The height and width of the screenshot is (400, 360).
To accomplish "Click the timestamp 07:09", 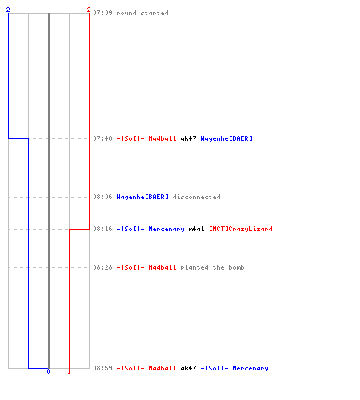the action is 102,13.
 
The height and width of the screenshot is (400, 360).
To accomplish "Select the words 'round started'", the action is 142,13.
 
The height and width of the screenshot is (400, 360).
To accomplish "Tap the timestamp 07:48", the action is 102,138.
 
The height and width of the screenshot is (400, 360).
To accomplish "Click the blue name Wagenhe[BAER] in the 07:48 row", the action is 226,138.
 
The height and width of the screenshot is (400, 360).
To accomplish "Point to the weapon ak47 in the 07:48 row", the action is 188,138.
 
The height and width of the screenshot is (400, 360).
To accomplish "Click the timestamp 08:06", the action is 102,197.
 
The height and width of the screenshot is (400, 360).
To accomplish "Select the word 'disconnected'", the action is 196,197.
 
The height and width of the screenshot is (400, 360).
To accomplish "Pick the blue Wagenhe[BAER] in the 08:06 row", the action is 142,197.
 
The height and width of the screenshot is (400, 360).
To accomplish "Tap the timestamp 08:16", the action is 102,229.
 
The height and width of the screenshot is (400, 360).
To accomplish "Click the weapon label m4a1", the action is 196,229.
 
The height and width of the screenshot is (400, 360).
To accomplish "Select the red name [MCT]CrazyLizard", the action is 241,229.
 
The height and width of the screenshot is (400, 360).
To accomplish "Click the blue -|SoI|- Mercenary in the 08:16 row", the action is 150,229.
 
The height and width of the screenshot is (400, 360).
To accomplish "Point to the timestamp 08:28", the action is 102,267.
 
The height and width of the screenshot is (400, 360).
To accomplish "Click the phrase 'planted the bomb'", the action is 212,267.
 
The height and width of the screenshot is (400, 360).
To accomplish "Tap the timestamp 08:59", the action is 102,368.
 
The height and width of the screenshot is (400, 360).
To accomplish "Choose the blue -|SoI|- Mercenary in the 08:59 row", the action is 234,368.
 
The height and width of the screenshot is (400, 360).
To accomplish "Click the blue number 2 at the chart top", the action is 8,10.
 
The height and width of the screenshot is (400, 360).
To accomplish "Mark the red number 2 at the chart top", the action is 89,10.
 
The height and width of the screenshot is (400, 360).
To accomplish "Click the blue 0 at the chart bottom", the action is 48,371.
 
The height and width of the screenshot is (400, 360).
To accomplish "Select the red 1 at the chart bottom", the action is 69,371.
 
